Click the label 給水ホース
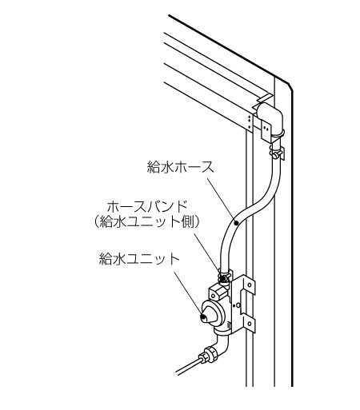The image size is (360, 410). [181, 167]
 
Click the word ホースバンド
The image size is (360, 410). [146, 207]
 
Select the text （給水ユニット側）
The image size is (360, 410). [146, 221]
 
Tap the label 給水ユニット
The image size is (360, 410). [139, 259]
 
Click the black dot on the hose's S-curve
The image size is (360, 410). [236, 223]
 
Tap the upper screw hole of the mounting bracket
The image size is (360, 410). [250, 285]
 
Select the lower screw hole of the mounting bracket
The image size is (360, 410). [250, 324]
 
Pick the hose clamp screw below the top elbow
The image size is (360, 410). [277, 153]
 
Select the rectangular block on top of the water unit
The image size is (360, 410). [218, 292]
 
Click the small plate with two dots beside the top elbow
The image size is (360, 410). [266, 129]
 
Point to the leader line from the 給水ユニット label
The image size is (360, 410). [188, 293]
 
